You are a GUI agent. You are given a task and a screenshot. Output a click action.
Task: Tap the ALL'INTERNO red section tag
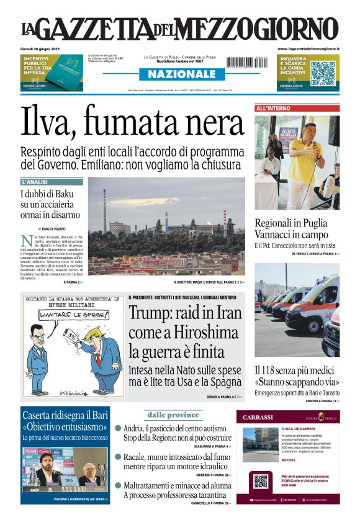[274, 108]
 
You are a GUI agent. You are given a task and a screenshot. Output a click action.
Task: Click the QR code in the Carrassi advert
[260, 481]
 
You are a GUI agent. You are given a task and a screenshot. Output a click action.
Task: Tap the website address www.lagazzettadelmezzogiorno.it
[308, 48]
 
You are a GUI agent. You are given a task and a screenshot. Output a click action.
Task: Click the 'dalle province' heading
[174, 415]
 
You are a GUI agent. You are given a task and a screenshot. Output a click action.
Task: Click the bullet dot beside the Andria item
[118, 428]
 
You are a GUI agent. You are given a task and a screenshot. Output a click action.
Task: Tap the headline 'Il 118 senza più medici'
[296, 371]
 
